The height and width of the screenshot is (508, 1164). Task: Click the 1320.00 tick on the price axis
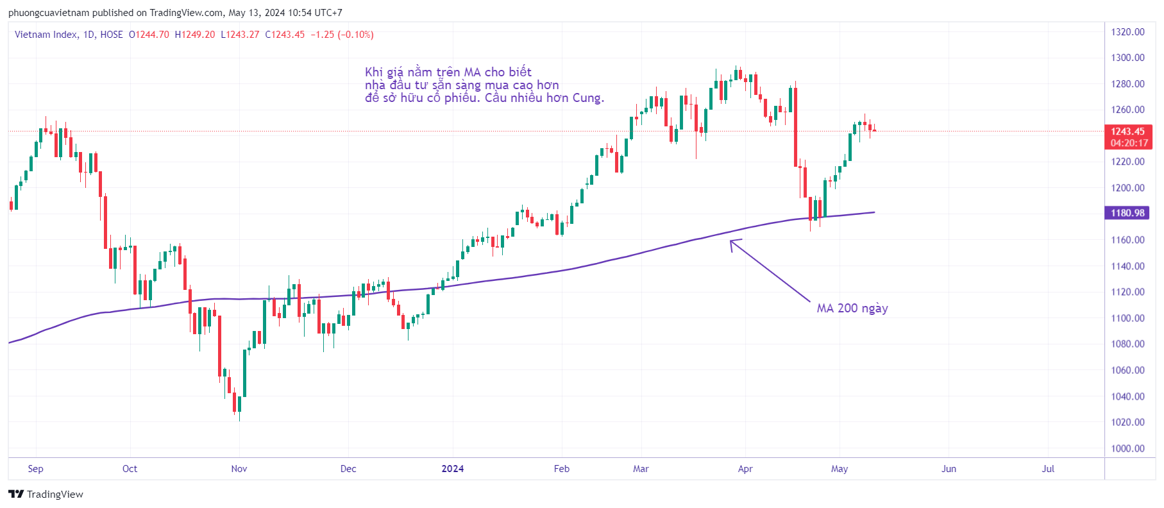click(1127, 32)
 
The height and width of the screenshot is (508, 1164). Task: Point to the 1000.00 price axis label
click(1127, 448)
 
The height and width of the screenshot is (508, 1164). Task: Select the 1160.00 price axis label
click(1127, 240)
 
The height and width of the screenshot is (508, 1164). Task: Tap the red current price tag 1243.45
click(1127, 131)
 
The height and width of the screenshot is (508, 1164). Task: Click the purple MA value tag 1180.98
click(1127, 213)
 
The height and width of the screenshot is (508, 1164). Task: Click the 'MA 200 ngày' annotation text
click(852, 309)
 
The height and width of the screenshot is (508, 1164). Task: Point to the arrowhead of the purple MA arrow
click(732, 242)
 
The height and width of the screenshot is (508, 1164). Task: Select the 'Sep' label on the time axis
click(36, 469)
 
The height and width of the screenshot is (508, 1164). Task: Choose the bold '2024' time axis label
click(452, 469)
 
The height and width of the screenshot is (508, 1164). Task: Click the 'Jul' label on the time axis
click(1047, 469)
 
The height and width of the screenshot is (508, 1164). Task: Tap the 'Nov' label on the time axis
click(239, 469)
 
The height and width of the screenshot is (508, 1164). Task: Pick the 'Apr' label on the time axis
click(745, 469)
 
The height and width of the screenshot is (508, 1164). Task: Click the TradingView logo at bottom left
click(46, 494)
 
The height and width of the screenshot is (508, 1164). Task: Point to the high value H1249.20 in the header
click(195, 35)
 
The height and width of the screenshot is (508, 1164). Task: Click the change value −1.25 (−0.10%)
click(342, 35)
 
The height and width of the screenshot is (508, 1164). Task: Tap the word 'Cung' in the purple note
click(586, 98)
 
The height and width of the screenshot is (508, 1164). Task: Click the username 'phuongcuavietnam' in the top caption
click(49, 13)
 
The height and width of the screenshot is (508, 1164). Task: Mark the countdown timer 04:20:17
click(1129, 143)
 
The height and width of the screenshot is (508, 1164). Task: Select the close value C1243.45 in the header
click(285, 35)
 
